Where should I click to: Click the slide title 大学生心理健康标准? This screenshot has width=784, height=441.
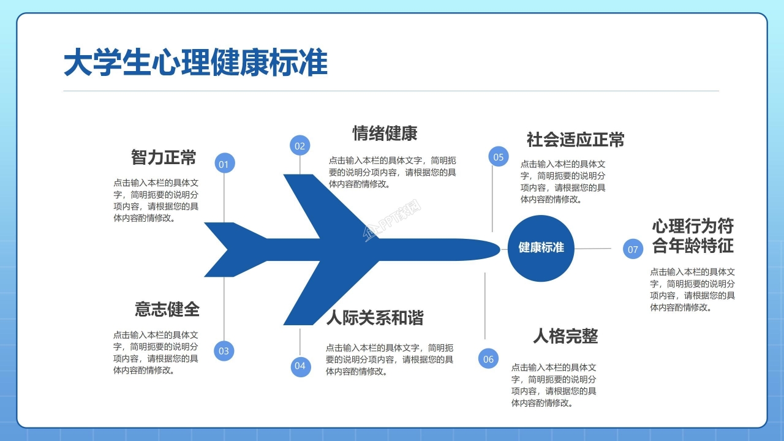coord(195,64)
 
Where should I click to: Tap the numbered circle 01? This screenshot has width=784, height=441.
coord(224,164)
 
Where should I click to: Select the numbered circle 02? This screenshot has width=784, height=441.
coord(300,146)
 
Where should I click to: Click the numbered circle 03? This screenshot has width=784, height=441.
coord(224,350)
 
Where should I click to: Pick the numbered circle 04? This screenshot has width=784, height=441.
coord(300,366)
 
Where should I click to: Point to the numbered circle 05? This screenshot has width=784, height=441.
coord(499,157)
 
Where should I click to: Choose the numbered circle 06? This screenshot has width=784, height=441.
coord(488,359)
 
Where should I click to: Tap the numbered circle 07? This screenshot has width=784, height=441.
coord(633,249)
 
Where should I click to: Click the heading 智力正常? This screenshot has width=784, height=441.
coord(164,157)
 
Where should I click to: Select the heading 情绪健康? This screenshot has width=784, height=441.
coord(385,133)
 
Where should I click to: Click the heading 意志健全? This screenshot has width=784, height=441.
coord(167,309)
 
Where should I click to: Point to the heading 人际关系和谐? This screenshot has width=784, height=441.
coord(375,317)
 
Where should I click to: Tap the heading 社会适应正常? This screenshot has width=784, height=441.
coord(575,140)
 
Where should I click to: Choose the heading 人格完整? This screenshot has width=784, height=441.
coord(565,336)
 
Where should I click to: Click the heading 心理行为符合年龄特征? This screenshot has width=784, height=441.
coord(693,236)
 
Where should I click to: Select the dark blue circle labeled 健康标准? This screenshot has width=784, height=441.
coord(541,248)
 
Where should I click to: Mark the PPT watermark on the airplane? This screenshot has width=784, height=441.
coord(393,221)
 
